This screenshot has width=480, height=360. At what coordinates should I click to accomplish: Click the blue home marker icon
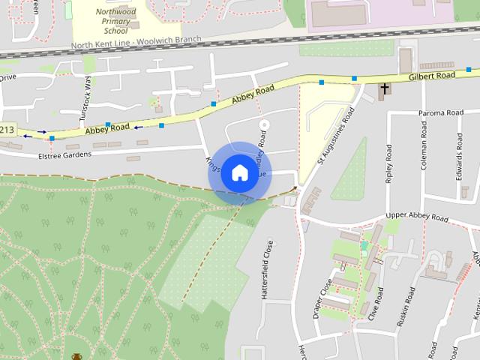tap(239, 173)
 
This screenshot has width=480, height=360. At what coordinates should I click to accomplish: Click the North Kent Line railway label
tap(137, 45)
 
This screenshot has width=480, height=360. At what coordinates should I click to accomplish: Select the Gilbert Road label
tap(432, 76)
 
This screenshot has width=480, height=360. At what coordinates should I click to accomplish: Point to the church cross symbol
tap(385, 90)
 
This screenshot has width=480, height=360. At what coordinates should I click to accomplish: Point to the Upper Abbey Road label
tap(416, 217)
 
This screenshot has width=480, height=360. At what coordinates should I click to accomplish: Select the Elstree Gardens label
tap(64, 154)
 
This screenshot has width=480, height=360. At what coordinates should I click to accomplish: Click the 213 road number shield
tap(7, 130)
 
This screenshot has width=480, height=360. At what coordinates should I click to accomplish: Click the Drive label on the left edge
tap(7, 77)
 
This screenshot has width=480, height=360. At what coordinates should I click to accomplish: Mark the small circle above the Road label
tap(262, 123)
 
